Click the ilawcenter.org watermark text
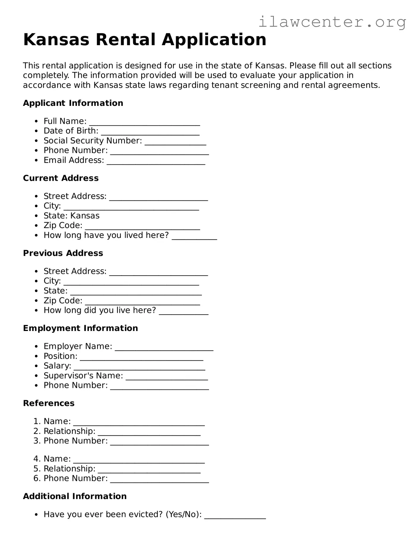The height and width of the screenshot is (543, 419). pos(332,22)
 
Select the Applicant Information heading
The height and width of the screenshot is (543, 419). pos(73,103)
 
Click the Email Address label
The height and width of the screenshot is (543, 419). pos(74,160)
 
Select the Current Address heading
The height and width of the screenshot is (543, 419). pos(61,178)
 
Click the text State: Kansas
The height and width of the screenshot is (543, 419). pos(72,216)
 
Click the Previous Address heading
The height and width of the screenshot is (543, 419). pos(63,253)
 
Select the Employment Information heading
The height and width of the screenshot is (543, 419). pos(80,328)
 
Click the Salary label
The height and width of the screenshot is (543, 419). pos(57,366)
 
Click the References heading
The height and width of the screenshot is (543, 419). pos(49,403)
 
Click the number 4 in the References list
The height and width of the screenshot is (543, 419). pos(36,459)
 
